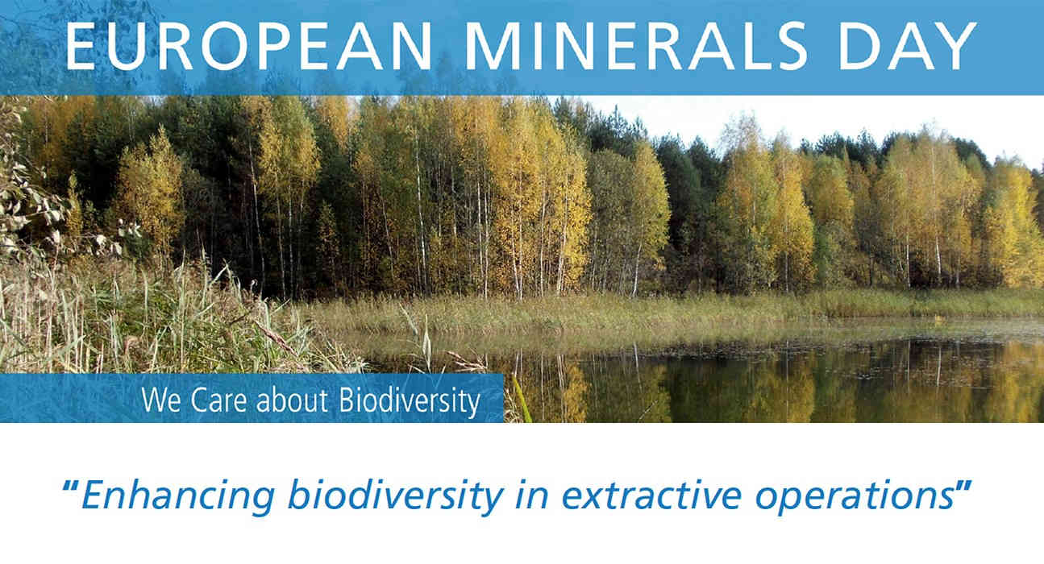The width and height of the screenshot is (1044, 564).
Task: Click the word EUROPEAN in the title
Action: (x=249, y=46)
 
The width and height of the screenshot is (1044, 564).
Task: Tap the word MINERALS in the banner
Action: (x=636, y=46)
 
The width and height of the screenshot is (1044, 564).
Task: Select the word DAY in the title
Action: (x=907, y=46)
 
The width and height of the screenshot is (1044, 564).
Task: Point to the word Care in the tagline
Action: (x=218, y=400)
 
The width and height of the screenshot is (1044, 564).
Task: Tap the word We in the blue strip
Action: (x=160, y=400)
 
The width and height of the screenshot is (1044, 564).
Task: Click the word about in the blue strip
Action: (x=292, y=400)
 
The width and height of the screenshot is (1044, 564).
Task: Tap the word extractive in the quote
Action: (x=651, y=495)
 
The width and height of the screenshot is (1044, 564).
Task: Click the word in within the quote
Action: (x=532, y=495)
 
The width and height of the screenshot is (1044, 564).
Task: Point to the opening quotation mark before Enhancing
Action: (x=70, y=487)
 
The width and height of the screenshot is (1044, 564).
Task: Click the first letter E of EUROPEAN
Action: (x=81, y=46)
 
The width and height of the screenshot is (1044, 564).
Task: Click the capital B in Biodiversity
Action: (x=347, y=400)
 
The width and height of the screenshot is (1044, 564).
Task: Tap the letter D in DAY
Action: (x=860, y=46)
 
